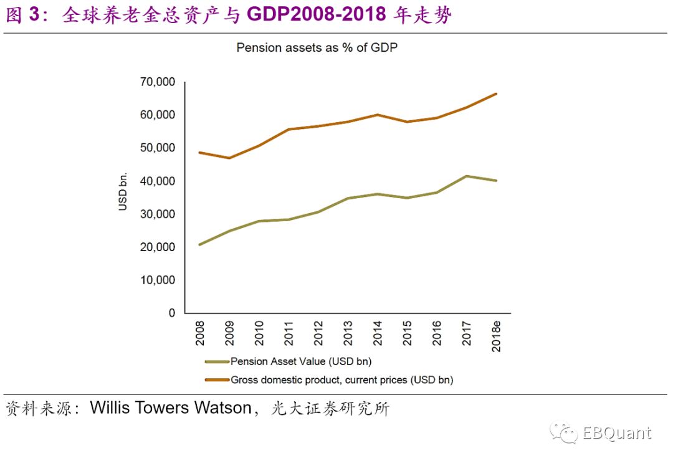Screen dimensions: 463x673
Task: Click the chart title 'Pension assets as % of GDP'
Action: tap(317, 47)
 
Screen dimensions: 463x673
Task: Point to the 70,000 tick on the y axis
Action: tap(158, 82)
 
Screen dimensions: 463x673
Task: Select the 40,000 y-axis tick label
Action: tap(158, 181)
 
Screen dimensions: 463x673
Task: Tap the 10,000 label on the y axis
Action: tap(158, 280)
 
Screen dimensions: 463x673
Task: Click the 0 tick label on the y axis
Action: tap(171, 313)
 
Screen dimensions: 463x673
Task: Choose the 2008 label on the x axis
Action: tap(199, 335)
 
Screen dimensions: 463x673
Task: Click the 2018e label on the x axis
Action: tap(497, 337)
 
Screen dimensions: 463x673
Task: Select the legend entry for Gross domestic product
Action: tap(341, 379)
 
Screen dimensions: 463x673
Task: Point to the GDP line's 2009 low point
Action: tap(229, 158)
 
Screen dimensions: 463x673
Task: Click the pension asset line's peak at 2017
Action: tap(466, 176)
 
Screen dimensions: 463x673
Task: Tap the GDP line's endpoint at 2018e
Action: tap(496, 93)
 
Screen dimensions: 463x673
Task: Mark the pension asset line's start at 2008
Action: tap(199, 244)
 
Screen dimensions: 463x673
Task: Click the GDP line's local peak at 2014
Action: tap(377, 115)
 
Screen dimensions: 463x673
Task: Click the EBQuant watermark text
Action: tap(617, 433)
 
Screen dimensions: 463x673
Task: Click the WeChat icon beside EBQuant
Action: tap(562, 433)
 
